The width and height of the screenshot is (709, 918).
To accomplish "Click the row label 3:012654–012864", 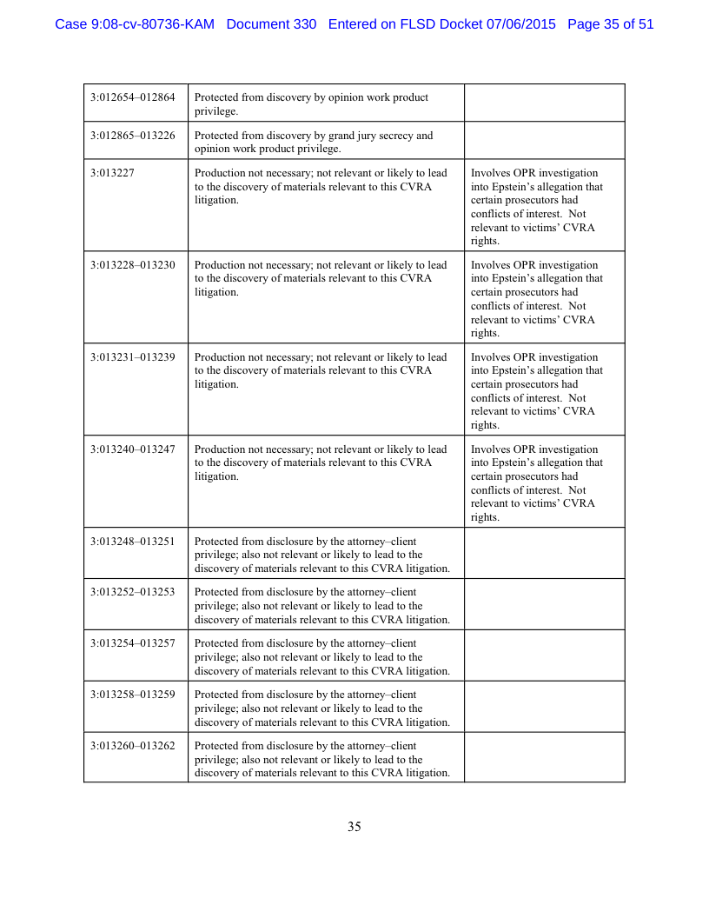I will pos(133,97).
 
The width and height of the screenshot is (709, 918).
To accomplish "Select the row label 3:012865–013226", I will pos(133,136).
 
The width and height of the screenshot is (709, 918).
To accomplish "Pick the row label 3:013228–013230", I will pos(133,265).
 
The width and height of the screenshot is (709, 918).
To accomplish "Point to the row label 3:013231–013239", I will pos(133,357).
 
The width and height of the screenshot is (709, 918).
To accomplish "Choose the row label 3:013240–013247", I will pos(133,449).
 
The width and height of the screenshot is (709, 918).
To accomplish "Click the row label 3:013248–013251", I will pos(133,542).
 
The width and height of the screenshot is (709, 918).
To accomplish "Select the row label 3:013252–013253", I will pos(133,592).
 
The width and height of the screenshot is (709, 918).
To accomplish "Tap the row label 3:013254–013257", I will pos(133,643).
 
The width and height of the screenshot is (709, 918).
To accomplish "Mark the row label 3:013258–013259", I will pos(133,695).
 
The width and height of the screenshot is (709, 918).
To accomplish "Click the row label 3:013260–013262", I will pos(133,746).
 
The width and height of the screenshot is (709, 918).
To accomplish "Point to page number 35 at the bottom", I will pos(354,827).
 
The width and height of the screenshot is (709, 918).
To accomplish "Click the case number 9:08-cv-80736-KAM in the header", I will pos(134,24).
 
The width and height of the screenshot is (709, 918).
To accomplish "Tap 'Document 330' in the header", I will pos(271,24).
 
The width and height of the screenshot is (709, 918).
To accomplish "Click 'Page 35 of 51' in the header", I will pos(610,24).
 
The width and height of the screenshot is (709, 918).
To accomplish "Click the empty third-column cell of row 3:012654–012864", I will pos(544,103).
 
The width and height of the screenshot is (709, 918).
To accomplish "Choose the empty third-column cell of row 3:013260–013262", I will pos(544,757).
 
